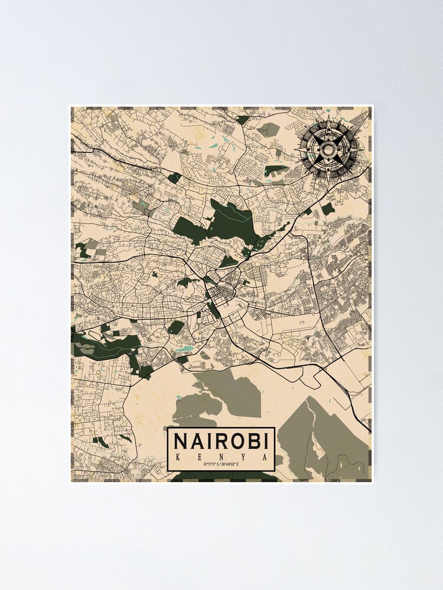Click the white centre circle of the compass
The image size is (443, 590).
click(x=326, y=147)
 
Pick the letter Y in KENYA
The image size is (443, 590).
click(x=244, y=457)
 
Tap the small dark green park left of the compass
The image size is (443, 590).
click(x=276, y=171)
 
